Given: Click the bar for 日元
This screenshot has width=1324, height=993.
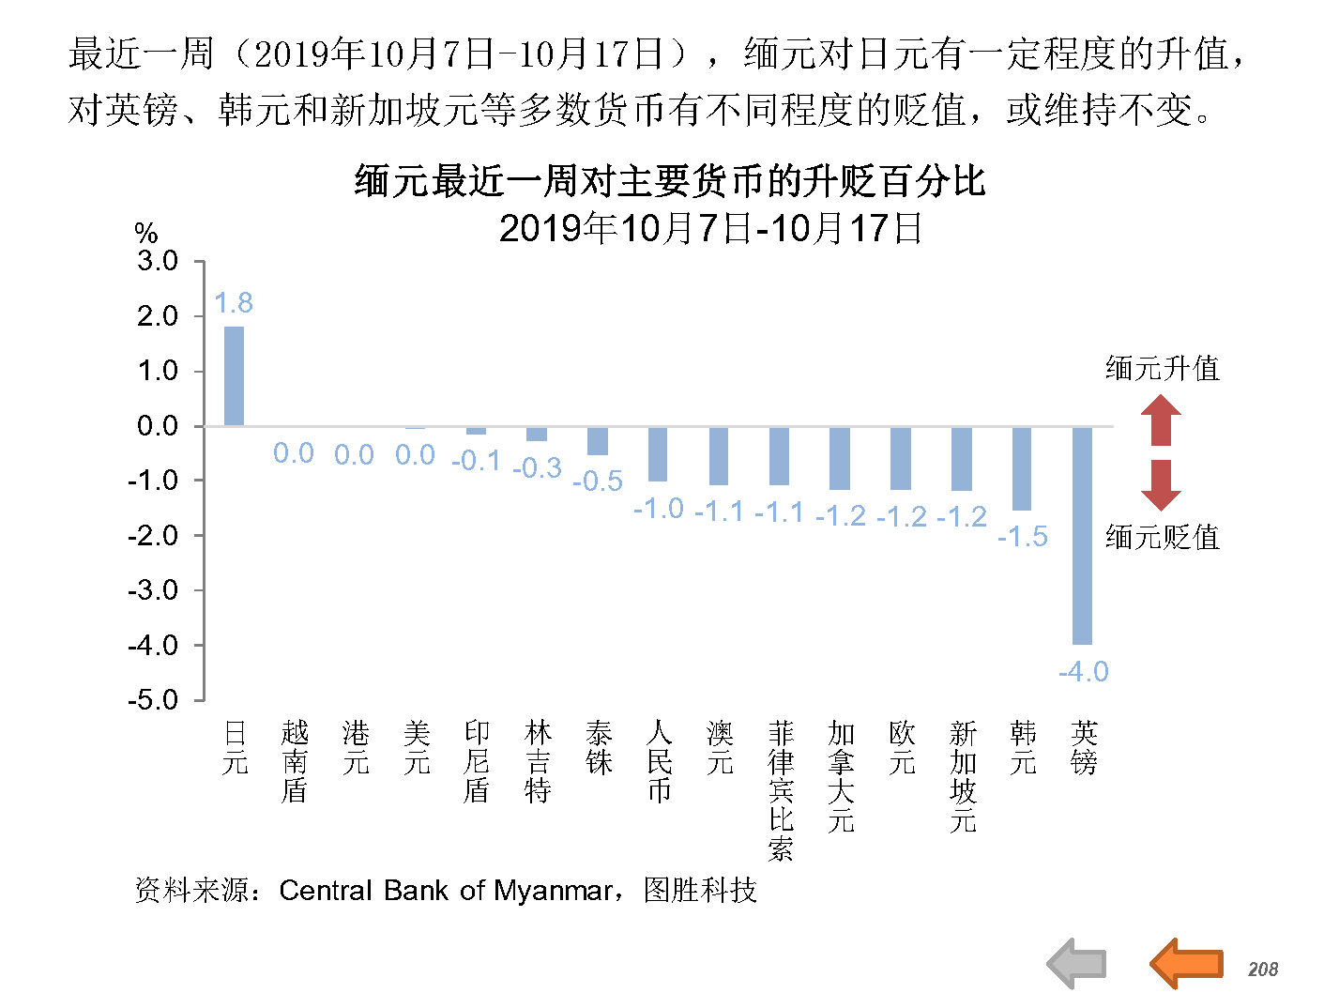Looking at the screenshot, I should tap(234, 375).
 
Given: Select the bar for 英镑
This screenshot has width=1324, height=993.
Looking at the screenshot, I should tap(1082, 535).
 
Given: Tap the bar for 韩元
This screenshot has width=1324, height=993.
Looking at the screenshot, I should tap(1022, 467).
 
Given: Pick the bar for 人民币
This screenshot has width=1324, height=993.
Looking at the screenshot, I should tap(658, 454).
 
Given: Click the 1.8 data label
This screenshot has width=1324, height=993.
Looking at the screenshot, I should tap(234, 302).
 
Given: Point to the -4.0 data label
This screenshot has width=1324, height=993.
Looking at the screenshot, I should tap(1083, 671).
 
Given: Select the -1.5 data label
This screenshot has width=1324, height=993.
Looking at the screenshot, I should tap(1022, 536).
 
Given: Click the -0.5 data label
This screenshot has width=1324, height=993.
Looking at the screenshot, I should tap(598, 481).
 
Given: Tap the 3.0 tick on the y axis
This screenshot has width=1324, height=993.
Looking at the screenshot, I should tap(158, 261).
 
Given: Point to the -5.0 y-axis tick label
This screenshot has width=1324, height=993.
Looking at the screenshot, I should tap(154, 700).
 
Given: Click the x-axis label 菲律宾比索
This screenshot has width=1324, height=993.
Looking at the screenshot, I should tap(780, 789).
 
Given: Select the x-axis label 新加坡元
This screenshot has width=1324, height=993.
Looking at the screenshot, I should tap(963, 775).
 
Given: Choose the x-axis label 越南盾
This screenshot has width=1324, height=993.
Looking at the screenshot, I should tap(295, 761).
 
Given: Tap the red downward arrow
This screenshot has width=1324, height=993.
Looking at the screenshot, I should tap(1161, 485).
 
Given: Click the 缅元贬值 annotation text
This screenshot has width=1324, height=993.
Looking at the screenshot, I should tap(1163, 537).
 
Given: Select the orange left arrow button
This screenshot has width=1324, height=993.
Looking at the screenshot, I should tap(1186, 964).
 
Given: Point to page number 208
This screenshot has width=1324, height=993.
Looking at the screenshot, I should tap(1263, 969).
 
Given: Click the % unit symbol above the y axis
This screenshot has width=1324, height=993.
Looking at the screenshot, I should tap(146, 232).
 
